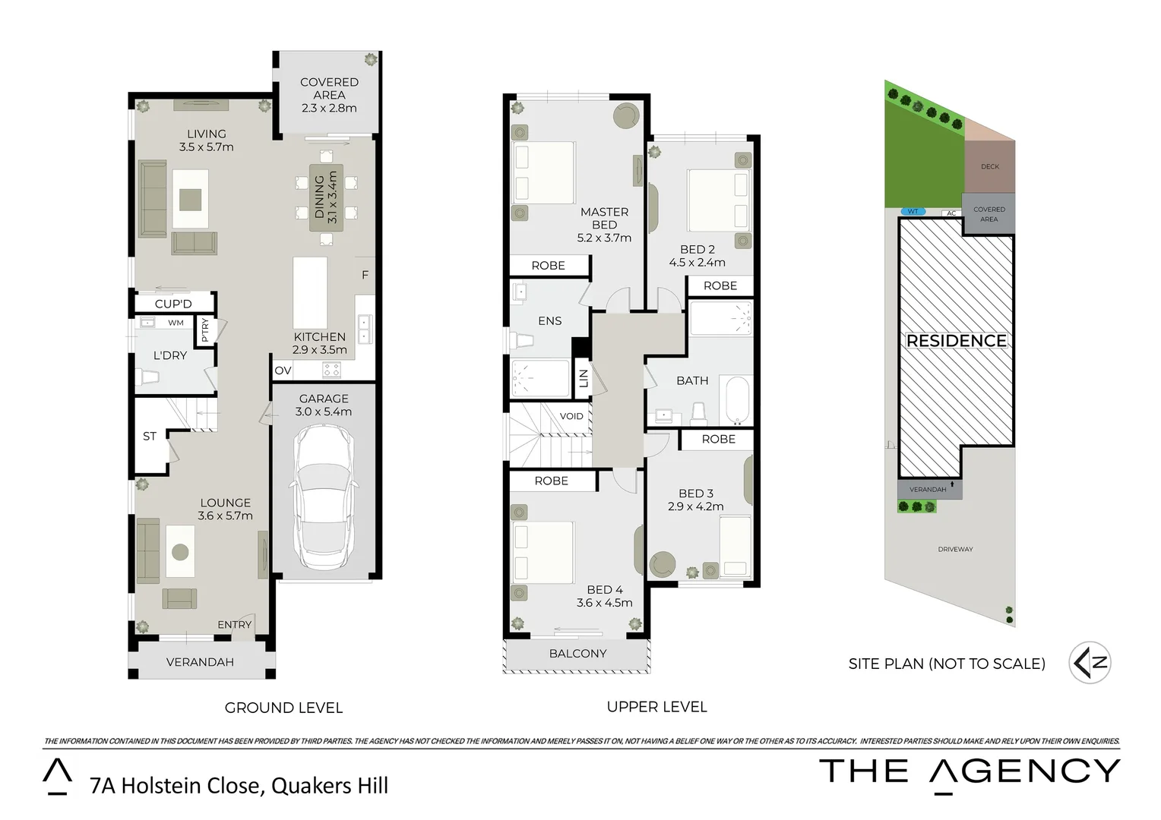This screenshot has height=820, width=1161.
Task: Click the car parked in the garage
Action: point(324,497)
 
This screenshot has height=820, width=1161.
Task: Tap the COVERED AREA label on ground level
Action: point(329,88)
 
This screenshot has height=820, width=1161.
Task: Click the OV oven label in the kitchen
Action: point(283,371)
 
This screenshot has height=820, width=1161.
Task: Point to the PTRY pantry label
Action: point(204,330)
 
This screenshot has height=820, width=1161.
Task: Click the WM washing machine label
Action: point(176,323)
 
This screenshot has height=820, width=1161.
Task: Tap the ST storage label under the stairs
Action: point(150,437)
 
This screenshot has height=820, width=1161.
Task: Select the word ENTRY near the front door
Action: point(234,625)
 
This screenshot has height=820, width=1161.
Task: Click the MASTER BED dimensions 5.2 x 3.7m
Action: point(604,238)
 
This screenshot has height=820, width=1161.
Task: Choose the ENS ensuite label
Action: point(549,321)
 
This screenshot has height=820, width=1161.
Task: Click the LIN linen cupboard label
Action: point(584,378)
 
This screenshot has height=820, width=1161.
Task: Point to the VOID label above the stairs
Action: point(571,416)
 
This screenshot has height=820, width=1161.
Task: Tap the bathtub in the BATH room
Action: point(737,400)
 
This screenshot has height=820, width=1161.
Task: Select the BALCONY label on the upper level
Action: point(577,654)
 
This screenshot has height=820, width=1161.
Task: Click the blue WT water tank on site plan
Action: point(913,212)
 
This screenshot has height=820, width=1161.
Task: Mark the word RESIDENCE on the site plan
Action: point(956,341)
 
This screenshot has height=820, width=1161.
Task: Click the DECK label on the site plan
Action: point(989,166)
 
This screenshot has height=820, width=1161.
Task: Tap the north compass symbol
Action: point(1090,663)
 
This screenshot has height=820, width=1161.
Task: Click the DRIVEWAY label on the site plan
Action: point(955,549)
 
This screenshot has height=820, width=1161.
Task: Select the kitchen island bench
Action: point(311,292)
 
